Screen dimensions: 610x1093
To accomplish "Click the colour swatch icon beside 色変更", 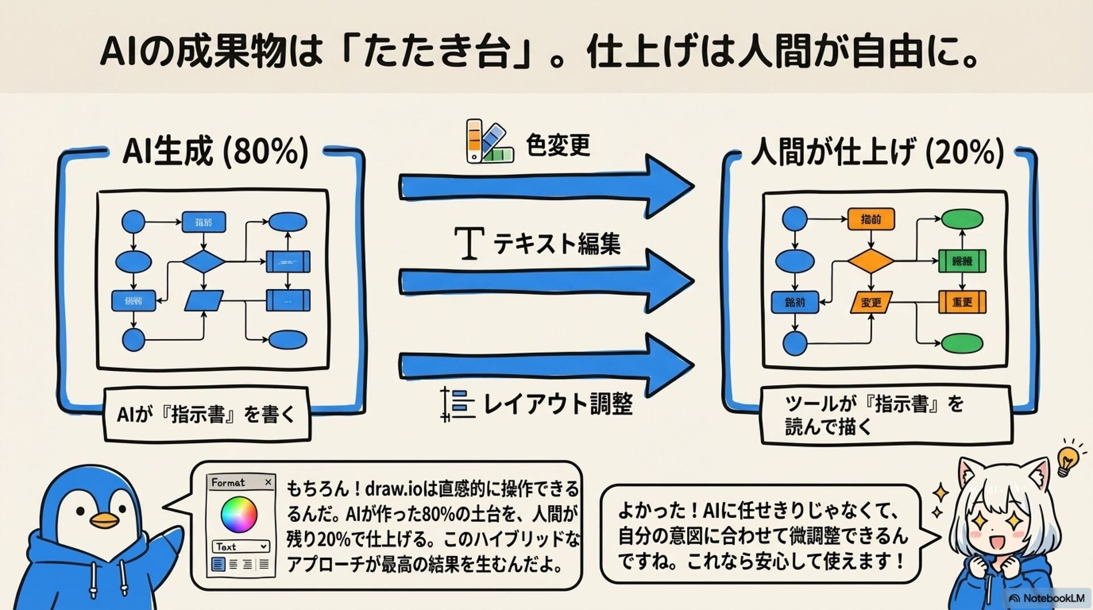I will (489, 141).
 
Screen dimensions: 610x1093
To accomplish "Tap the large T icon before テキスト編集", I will (470, 243).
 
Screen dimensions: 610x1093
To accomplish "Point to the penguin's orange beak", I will (105, 520).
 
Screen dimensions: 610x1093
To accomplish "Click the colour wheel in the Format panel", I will (239, 514).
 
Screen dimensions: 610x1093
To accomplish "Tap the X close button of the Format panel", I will (268, 483).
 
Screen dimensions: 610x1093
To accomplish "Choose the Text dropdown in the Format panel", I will (241, 547).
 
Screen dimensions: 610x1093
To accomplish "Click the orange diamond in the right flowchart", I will (870, 261).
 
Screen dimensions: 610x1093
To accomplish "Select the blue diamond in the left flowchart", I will (204, 262).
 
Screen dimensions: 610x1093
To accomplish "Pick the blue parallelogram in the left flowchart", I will (204, 300).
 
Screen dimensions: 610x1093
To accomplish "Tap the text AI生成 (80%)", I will (216, 151).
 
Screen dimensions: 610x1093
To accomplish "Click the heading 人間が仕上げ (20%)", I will (877, 152).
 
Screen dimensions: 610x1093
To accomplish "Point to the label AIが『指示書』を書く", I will (206, 414).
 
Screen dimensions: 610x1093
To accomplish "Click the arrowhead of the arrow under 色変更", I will (669, 186).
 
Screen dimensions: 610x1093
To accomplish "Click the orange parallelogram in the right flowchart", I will (870, 302).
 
